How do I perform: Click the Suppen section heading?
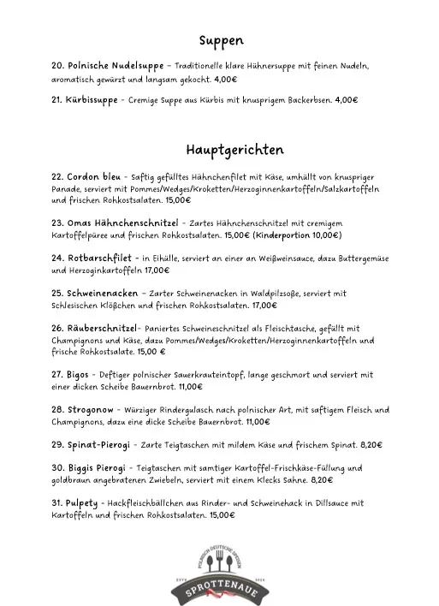tap(221, 40)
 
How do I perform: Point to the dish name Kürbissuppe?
tap(85, 100)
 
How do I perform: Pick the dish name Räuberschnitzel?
tap(95, 328)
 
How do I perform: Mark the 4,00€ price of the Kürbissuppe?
tap(347, 100)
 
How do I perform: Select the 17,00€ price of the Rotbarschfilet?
tap(168, 269)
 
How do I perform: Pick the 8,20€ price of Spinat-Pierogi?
tap(371, 445)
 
